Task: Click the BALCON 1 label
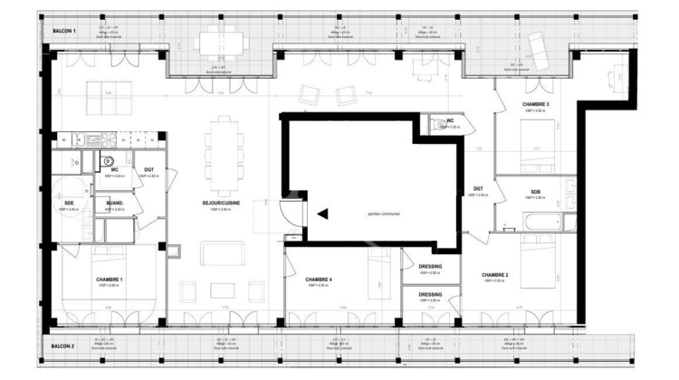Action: tap(63, 31)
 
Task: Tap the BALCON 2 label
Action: tap(63, 347)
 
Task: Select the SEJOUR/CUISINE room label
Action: tap(221, 204)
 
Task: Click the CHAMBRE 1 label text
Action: tap(109, 280)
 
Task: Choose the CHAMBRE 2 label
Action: tap(494, 274)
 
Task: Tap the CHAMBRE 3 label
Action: tap(535, 105)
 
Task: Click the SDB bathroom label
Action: tap(536, 192)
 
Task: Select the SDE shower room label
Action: tap(69, 204)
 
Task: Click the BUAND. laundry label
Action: tap(114, 203)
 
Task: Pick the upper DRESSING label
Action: tap(430, 267)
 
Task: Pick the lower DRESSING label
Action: tap(430, 294)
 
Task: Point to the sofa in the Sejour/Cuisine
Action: tap(221, 254)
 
